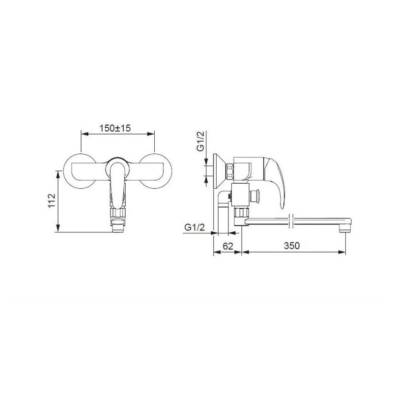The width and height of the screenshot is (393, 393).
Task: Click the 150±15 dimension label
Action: pyautogui.click(x=115, y=128)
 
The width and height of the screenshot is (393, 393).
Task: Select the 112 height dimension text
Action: pyautogui.click(x=52, y=200)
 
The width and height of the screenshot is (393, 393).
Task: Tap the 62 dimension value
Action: pyautogui.click(x=228, y=246)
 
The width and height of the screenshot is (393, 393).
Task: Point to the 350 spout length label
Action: pyautogui.click(x=292, y=246)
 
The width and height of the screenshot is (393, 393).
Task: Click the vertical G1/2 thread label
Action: pyautogui.click(x=200, y=141)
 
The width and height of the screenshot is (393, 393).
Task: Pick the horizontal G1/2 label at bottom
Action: pyautogui.click(x=195, y=227)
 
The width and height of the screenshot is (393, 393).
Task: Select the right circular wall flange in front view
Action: pyautogui.click(x=156, y=171)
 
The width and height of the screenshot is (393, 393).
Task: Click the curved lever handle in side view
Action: pyautogui.click(x=277, y=180)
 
